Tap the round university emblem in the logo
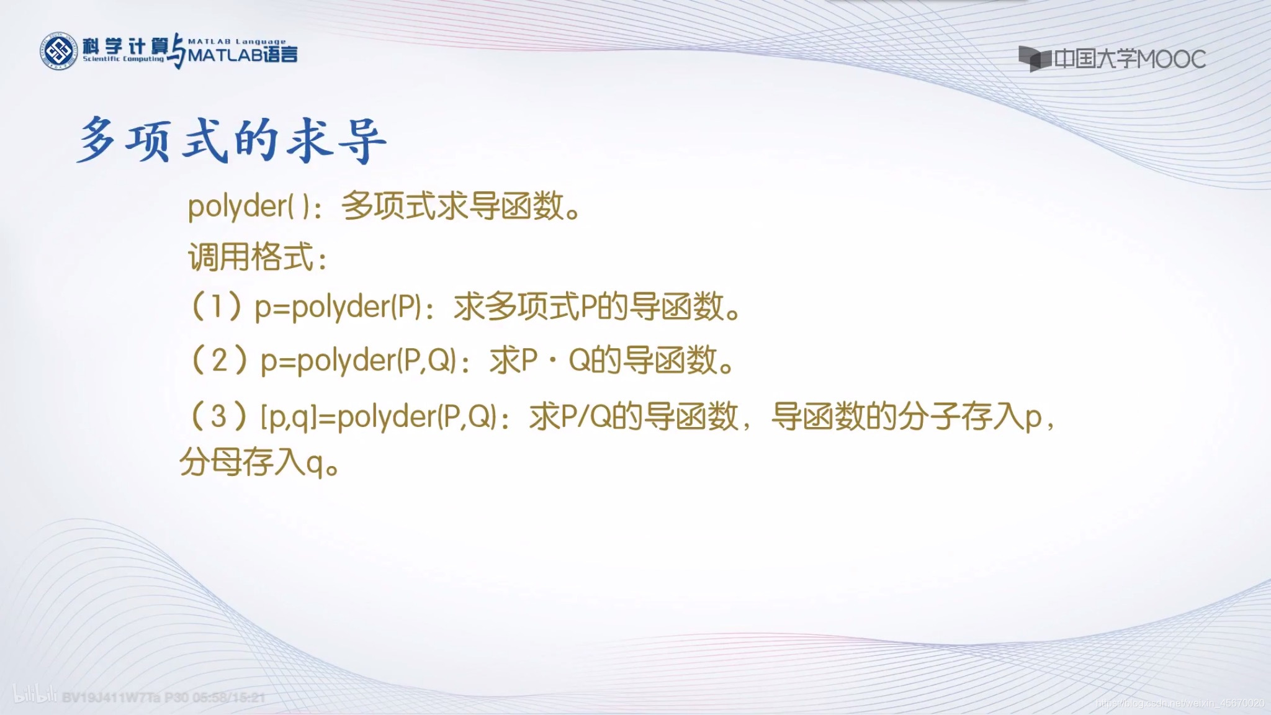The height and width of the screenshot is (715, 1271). click(59, 51)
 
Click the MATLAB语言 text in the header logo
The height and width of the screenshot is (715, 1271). click(243, 55)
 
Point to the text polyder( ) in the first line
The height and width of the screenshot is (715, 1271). click(248, 206)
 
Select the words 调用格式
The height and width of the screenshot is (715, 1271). click(251, 257)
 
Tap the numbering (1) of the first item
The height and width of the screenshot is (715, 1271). click(216, 307)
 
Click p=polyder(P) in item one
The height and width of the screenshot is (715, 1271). click(338, 307)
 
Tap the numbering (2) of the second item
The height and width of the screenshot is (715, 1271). click(219, 361)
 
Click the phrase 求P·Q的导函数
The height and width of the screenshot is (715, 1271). click(612, 361)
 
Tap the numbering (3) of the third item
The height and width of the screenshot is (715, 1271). click(218, 416)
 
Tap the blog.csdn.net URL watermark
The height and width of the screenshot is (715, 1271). click(1179, 703)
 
